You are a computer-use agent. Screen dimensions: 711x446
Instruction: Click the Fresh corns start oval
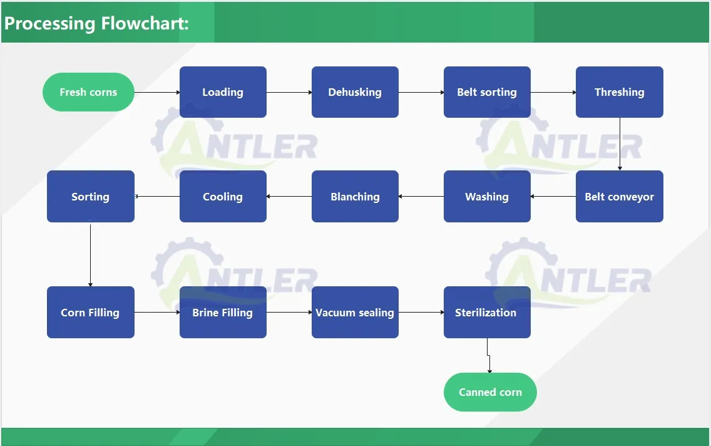pyautogui.click(x=88, y=92)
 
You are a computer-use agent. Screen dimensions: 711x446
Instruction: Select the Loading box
pyautogui.click(x=223, y=92)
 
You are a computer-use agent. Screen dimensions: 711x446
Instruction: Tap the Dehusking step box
pyautogui.click(x=355, y=92)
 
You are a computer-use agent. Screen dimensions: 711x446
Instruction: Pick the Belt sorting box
pyautogui.click(x=487, y=92)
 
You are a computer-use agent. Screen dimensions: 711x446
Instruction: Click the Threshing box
pyautogui.click(x=620, y=92)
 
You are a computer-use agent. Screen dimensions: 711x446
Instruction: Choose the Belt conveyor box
pyautogui.click(x=620, y=197)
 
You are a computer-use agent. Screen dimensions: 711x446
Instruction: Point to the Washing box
pyautogui.click(x=487, y=197)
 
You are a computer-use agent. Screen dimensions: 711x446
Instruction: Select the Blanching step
pyautogui.click(x=355, y=197)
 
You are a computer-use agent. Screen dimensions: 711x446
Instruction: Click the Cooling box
pyautogui.click(x=223, y=197)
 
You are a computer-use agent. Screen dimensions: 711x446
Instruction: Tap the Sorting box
pyautogui.click(x=91, y=197)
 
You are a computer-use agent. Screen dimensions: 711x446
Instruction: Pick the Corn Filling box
pyautogui.click(x=91, y=312)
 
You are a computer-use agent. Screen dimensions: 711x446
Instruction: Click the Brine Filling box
pyautogui.click(x=223, y=312)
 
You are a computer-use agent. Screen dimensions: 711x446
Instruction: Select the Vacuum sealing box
pyautogui.click(x=355, y=312)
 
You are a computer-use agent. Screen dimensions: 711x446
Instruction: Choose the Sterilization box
pyautogui.click(x=487, y=312)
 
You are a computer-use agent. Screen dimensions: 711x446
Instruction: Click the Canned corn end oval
pyautogui.click(x=490, y=392)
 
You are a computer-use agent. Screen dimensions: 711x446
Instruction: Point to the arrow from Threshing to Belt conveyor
pyautogui.click(x=620, y=144)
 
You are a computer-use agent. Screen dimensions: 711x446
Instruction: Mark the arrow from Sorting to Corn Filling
pyautogui.click(x=90, y=254)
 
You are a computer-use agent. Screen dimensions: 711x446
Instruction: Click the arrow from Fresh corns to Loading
pyautogui.click(x=157, y=93)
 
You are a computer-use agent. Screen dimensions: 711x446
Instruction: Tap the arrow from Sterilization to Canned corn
pyautogui.click(x=488, y=356)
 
